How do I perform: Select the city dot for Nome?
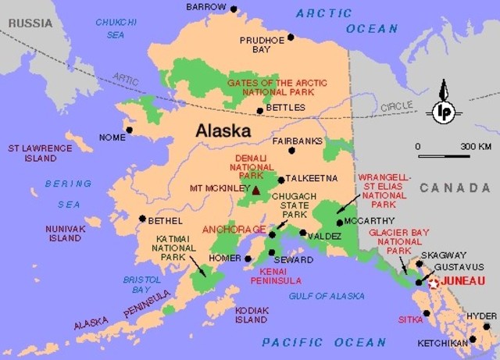tap(130, 130)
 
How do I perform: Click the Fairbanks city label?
tap(297, 141)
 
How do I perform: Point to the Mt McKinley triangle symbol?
tap(255, 189)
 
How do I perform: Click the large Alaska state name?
tap(223, 130)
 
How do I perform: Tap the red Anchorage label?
tap(234, 230)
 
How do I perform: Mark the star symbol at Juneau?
tap(434, 283)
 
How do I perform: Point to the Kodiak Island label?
tap(252, 315)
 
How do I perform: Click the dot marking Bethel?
tap(142, 219)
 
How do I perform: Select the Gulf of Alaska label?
tap(327, 296)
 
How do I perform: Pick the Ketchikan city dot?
tap(473, 340)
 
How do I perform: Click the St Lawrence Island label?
tap(32, 152)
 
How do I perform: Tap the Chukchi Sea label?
tap(116, 28)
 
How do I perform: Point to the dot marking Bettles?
tap(260, 111)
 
